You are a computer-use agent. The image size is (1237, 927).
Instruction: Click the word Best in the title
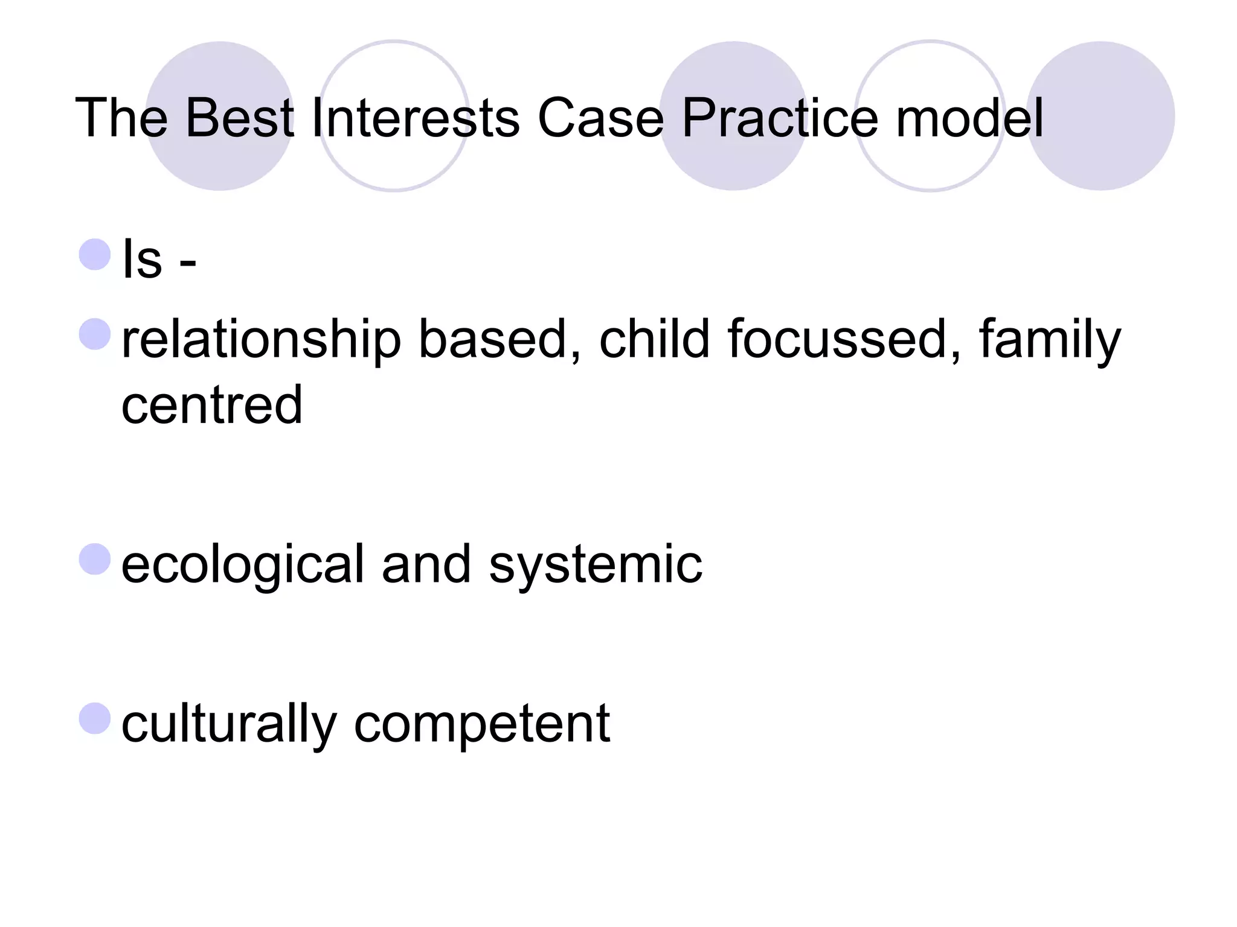coord(239,117)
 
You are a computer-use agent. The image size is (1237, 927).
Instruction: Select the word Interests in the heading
coord(415,117)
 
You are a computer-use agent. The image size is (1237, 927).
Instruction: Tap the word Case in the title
coord(600,117)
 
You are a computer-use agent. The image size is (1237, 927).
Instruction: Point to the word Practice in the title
coord(779,117)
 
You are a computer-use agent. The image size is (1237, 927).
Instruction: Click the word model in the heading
coord(969,117)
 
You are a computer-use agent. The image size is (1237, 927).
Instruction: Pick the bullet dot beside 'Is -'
coord(95,254)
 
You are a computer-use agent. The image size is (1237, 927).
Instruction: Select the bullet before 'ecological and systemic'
coord(95,559)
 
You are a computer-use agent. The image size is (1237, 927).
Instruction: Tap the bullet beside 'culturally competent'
coord(95,718)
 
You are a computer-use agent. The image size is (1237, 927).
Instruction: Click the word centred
coord(211,404)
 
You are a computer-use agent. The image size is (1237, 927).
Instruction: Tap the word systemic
coord(595,565)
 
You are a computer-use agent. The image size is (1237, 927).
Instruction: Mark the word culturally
coord(229,724)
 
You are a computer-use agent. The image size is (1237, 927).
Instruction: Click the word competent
coord(481,724)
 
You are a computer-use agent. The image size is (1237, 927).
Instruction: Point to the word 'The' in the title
coord(121,117)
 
